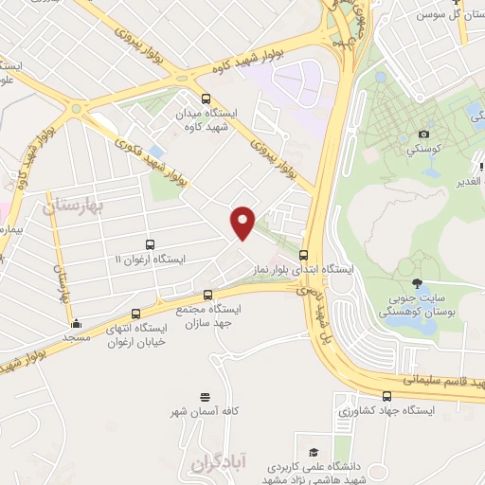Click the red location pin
242,222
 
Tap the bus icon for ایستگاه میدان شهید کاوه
207,99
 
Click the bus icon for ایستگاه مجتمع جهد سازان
208,295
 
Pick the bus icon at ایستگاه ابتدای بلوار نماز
303,255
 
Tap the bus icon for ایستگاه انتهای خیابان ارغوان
135,314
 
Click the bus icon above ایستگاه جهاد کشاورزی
386,396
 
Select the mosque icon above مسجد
76,323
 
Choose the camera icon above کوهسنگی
423,135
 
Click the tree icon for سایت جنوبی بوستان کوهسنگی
417,283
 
